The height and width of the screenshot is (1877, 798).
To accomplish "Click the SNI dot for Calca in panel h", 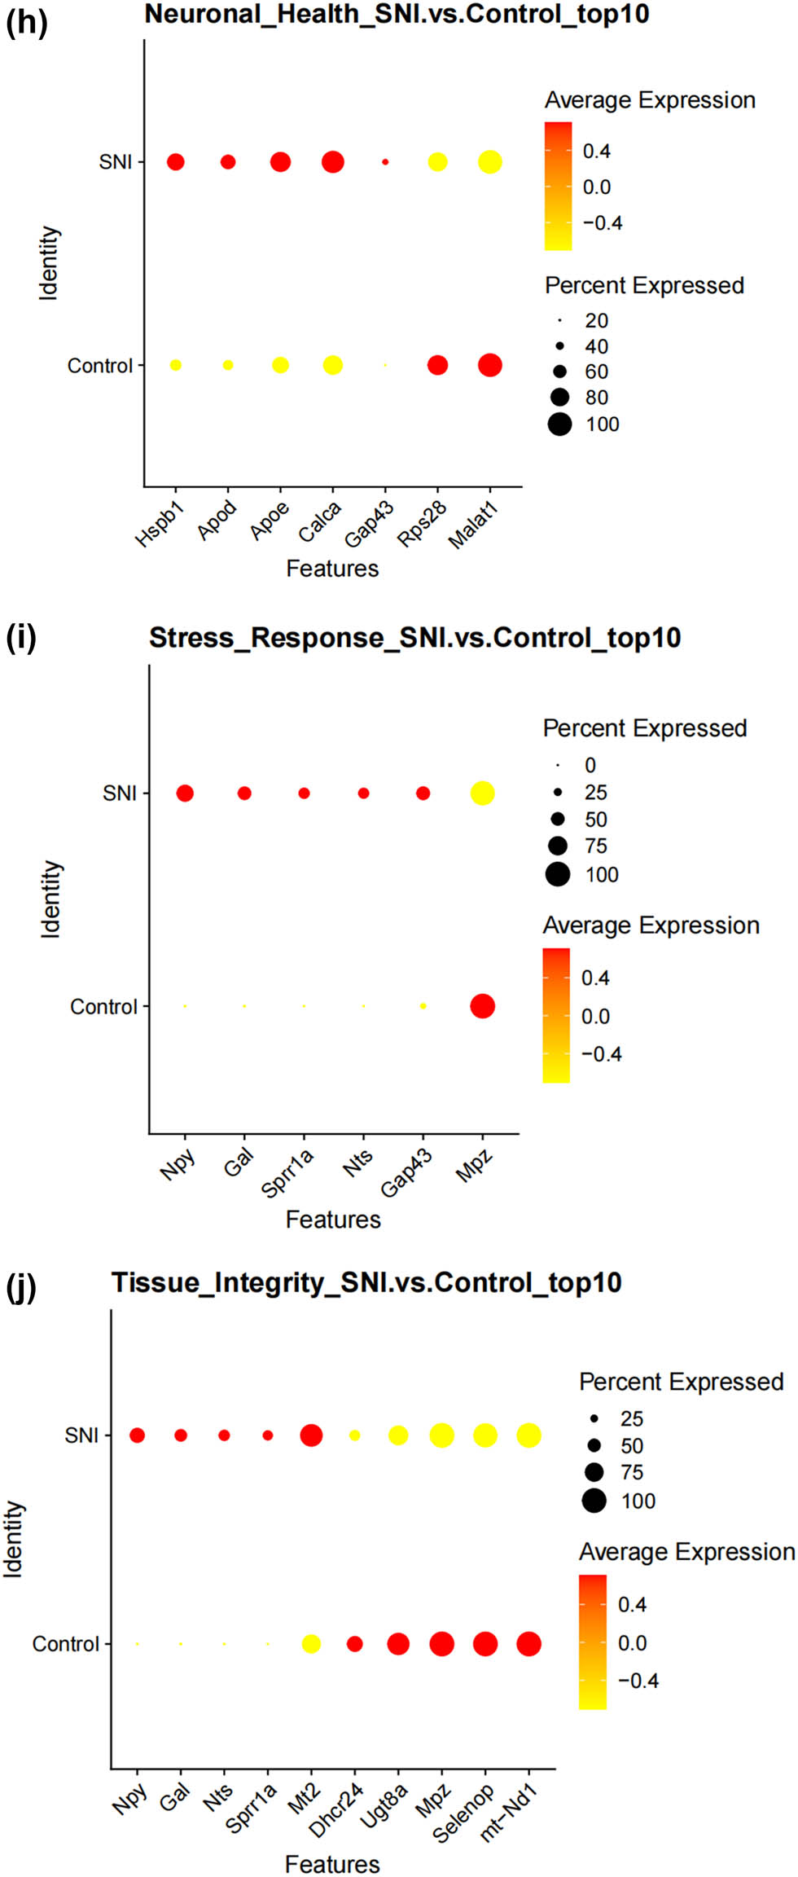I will [332, 162].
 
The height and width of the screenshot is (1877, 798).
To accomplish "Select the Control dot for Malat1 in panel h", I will [489, 365].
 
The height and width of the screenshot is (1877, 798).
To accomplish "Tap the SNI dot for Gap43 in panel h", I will [385, 162].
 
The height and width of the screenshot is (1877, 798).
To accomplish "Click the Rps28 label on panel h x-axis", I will [423, 524].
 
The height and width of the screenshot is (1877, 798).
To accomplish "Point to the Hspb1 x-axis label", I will [160, 525].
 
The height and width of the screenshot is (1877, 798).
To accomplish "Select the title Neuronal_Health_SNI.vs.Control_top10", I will [397, 14].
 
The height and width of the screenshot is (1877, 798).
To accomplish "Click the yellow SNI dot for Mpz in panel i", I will [482, 793].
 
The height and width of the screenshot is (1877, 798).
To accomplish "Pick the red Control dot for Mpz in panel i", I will [482, 1006].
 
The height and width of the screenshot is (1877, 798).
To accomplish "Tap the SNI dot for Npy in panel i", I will [185, 793].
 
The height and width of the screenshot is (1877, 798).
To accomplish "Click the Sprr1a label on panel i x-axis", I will [287, 1174].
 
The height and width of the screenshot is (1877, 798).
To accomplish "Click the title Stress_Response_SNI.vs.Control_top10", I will [414, 637].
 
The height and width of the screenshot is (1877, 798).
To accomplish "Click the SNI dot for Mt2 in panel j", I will [311, 1435].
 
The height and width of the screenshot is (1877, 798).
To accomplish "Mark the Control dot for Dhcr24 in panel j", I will [354, 1644].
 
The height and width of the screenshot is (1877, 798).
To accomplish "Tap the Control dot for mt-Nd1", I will [528, 1644].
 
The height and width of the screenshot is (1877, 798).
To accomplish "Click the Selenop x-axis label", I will [463, 1814].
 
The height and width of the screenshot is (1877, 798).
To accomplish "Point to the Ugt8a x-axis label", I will [384, 1807].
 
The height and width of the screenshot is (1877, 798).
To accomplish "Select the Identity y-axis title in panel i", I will [50, 899].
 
